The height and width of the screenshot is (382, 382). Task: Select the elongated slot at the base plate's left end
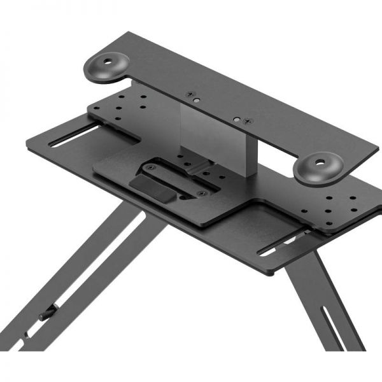(75, 135)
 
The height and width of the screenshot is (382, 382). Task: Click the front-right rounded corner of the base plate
(270, 271)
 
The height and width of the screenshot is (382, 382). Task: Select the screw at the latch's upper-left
(150, 167)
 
